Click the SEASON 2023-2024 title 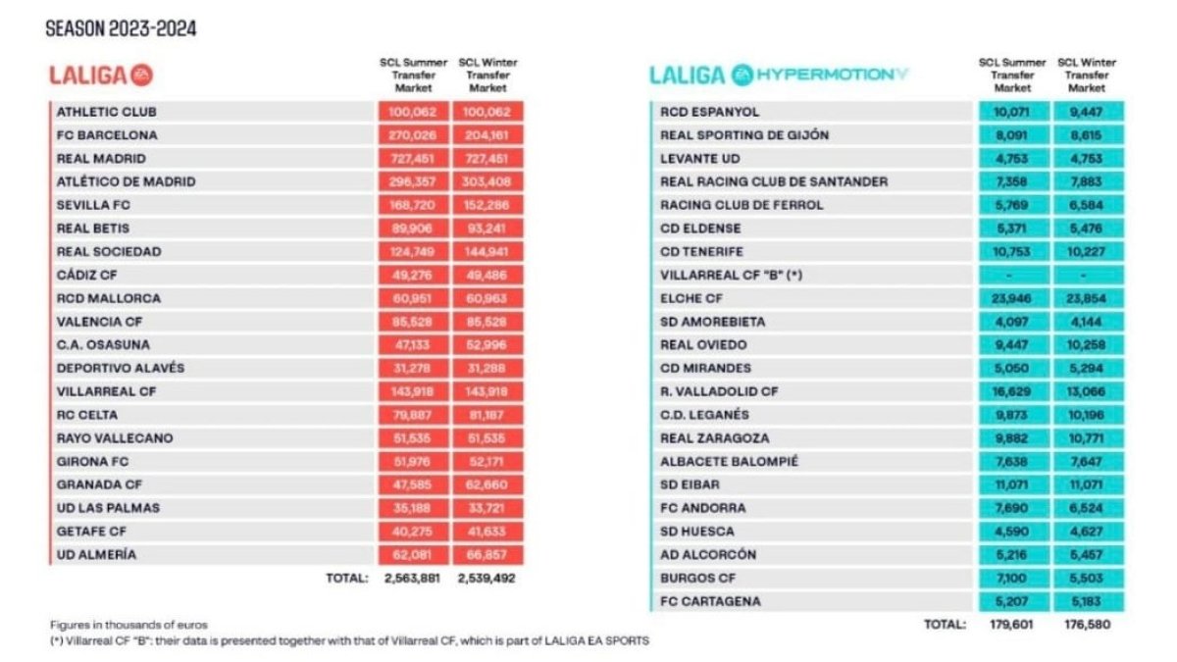click(x=122, y=28)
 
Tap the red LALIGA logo click(x=102, y=75)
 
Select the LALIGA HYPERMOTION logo click(x=779, y=75)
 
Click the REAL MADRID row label click(x=101, y=158)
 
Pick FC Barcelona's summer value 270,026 click(x=412, y=135)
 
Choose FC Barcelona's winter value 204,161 click(x=487, y=135)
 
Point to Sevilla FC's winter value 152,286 click(x=487, y=205)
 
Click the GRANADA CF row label click(x=99, y=484)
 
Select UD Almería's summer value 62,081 click(x=412, y=554)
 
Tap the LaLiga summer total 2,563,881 click(x=412, y=578)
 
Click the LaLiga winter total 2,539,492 click(x=487, y=578)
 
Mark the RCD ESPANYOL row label click(x=710, y=112)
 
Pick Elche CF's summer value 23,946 click(x=1013, y=298)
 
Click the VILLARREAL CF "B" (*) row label click(x=732, y=275)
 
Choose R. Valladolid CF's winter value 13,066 click(x=1088, y=391)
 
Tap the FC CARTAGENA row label click(x=710, y=600)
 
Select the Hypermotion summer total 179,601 click(x=1013, y=624)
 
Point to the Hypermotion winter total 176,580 click(x=1088, y=624)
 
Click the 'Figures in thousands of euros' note click(x=128, y=625)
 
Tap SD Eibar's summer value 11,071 click(x=1013, y=484)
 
